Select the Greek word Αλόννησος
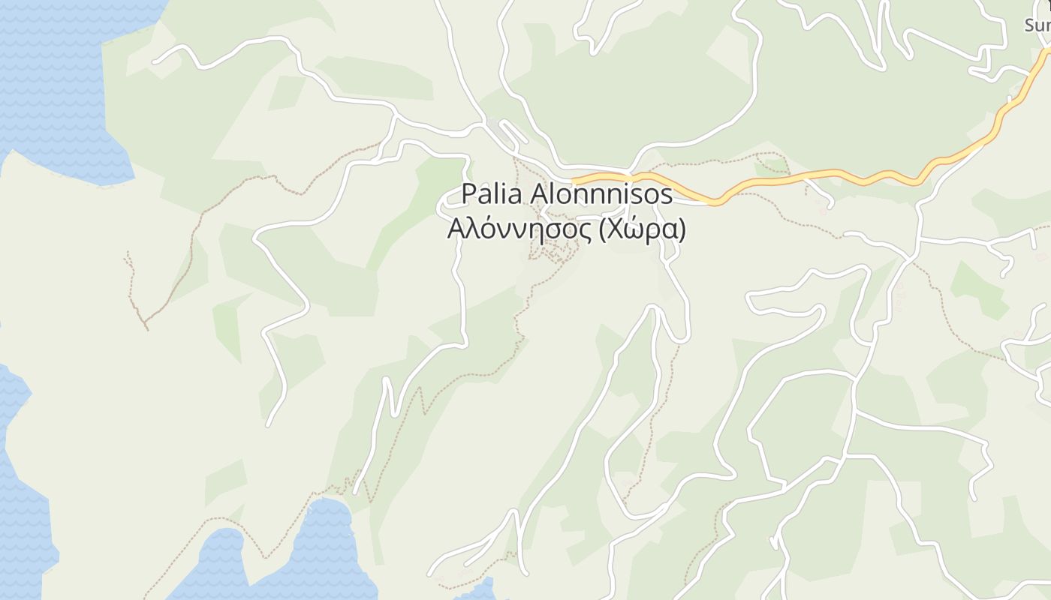click(x=513, y=229)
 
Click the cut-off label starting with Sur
click(x=1037, y=25)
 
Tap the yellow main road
click(x=826, y=175)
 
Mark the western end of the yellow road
click(x=574, y=181)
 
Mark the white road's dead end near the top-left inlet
click(x=155, y=60)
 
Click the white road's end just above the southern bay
click(x=357, y=491)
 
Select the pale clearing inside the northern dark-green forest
click(x=727, y=49)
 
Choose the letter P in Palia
click(x=468, y=193)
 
